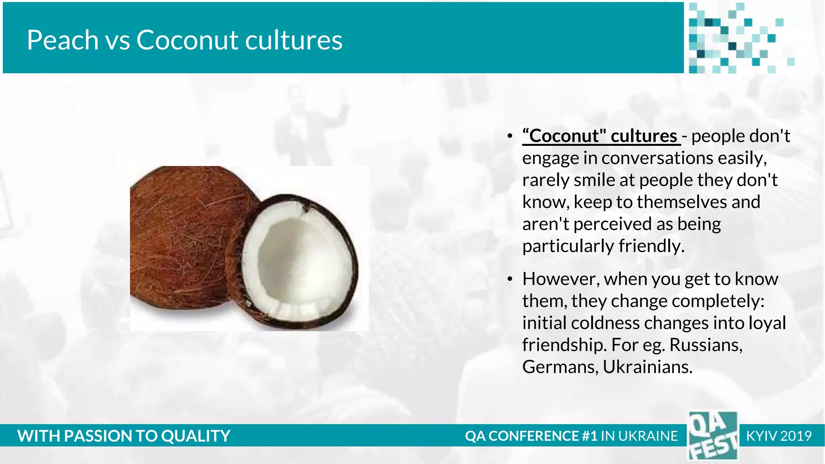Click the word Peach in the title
pos(62,40)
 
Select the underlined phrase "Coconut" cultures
pos(600,136)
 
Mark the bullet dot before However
pos(510,279)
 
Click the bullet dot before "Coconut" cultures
pos(510,136)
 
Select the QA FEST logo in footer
pos(713,436)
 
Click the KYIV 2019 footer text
pos(778,436)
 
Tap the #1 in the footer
pos(589,436)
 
